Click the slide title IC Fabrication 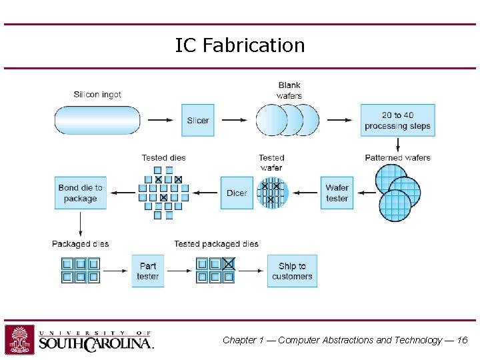point(240,45)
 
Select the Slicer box point(198,121)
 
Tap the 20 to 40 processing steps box point(397,121)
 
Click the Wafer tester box point(337,193)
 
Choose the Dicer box point(237,193)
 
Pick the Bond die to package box point(81,193)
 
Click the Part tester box point(148,271)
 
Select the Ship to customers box point(292,271)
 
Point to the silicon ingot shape point(97,121)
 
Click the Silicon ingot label point(97,95)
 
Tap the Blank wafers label point(289,90)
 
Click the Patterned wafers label point(397,158)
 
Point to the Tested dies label point(163,158)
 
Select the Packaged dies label point(80,244)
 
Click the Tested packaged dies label point(216,244)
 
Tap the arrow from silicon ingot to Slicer point(161,121)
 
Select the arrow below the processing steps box point(398,144)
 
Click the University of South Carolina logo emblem point(20,339)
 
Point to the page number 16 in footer point(462,340)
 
